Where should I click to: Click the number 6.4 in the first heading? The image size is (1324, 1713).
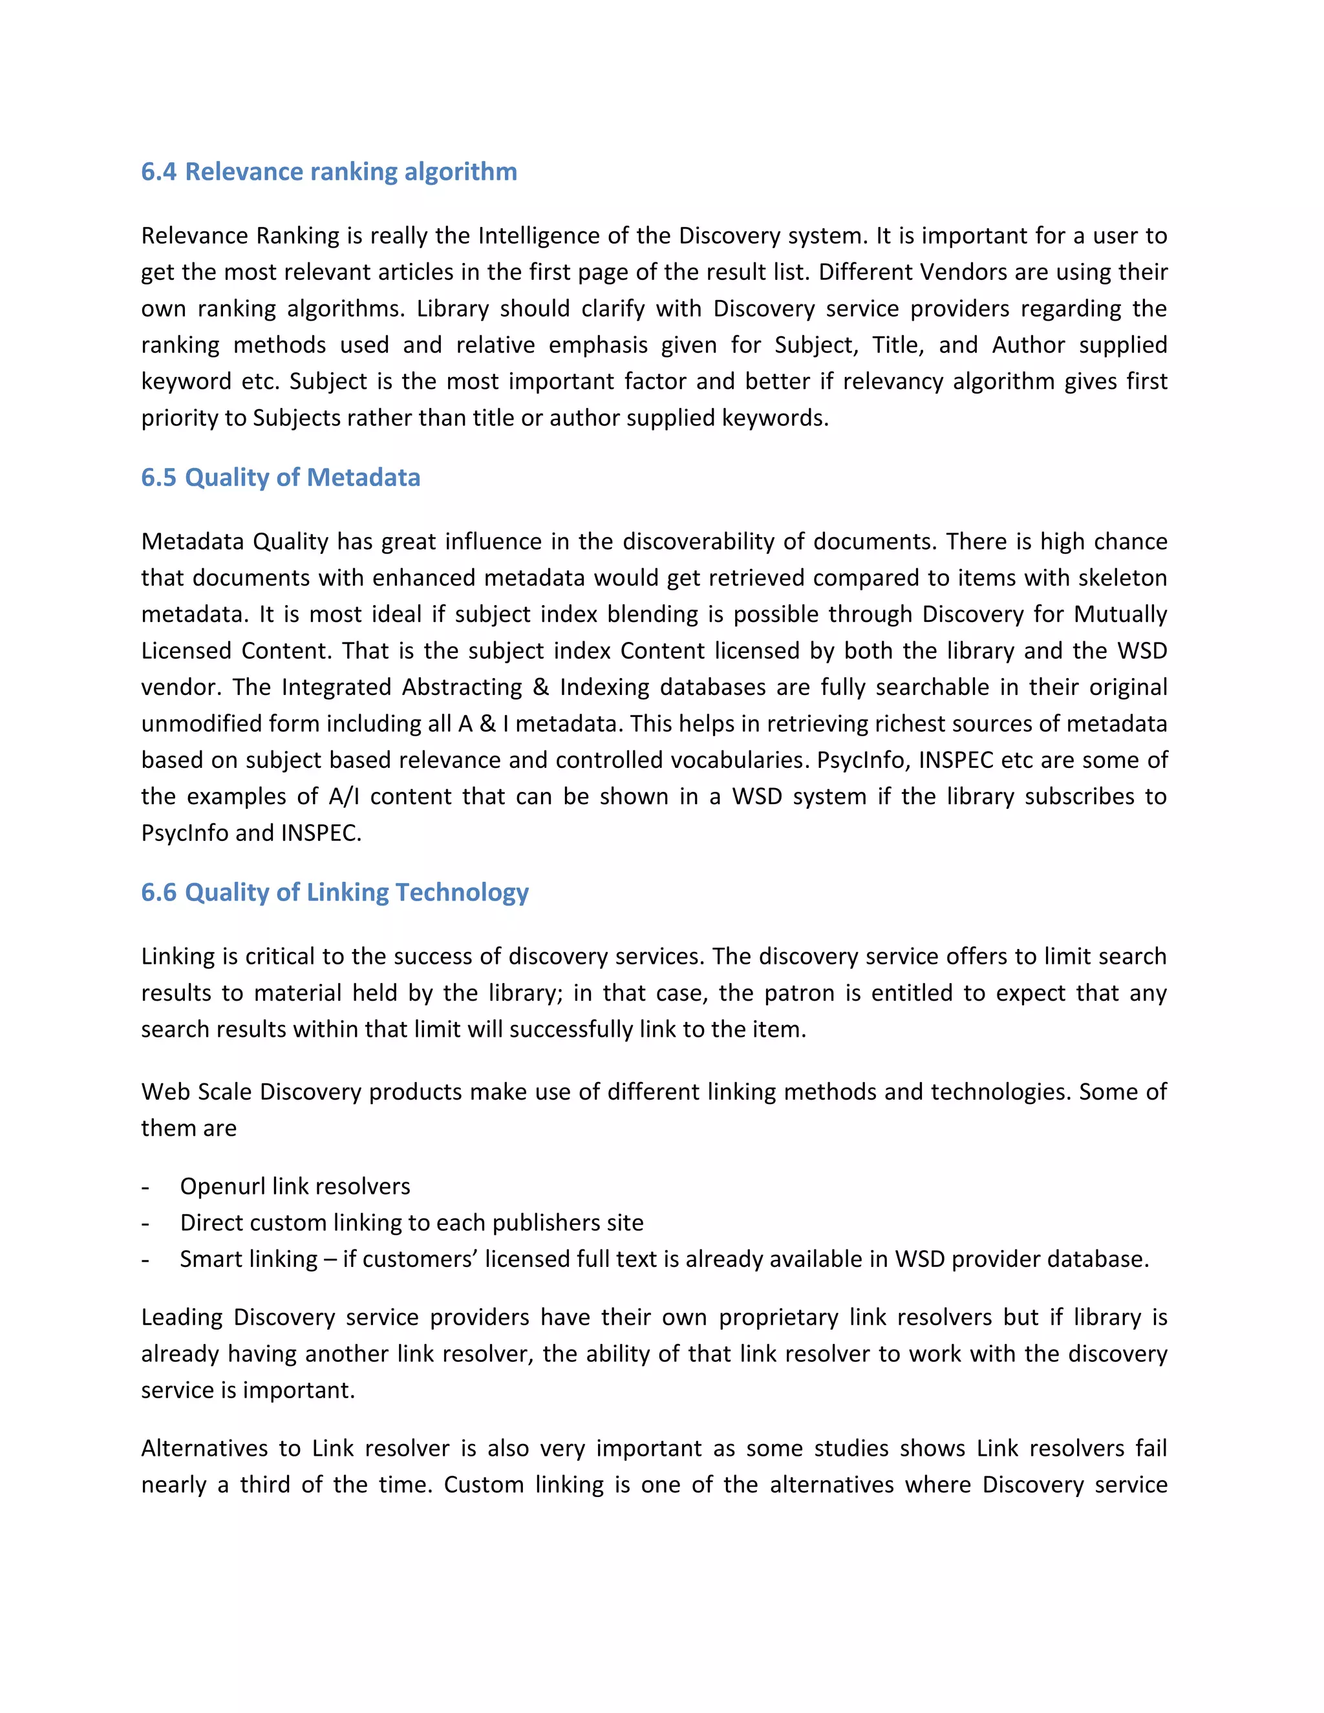point(158,172)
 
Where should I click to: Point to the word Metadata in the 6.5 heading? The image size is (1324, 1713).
point(363,478)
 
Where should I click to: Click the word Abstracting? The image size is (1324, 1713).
point(462,687)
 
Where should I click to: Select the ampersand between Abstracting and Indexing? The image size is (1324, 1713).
point(540,687)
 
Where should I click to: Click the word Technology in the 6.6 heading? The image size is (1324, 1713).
point(462,893)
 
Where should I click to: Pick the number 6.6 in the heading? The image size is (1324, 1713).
point(158,893)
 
